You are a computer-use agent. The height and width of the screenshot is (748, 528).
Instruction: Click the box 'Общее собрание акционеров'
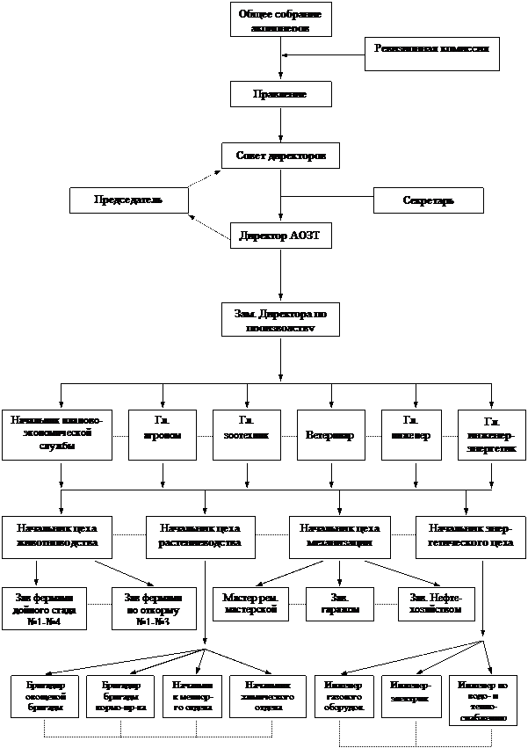pyautogui.click(x=281, y=19)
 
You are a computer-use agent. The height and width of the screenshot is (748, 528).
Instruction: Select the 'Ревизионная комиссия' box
pyautogui.click(x=432, y=54)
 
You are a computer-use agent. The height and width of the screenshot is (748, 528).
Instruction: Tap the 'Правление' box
pyautogui.click(x=281, y=94)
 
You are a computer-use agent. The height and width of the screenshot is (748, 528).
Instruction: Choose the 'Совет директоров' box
pyautogui.click(x=281, y=156)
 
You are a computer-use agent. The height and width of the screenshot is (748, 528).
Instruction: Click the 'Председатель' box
pyautogui.click(x=129, y=200)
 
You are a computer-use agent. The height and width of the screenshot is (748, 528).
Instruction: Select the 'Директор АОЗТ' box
pyautogui.click(x=281, y=236)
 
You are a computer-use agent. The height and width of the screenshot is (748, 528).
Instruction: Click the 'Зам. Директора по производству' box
pyautogui.click(x=281, y=320)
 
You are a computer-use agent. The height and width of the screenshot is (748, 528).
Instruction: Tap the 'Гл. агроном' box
pyautogui.click(x=162, y=433)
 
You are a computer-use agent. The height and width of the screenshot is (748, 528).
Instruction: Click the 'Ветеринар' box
pyautogui.click(x=330, y=434)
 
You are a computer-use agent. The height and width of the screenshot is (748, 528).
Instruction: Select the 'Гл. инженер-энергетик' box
pyautogui.click(x=490, y=435)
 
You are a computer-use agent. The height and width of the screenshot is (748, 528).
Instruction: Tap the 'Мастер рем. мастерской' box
pyautogui.click(x=251, y=604)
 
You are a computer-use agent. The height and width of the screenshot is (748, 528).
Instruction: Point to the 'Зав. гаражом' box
pyautogui.click(x=340, y=604)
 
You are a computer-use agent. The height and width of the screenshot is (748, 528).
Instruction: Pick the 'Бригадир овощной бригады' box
pyautogui.click(x=45, y=696)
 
